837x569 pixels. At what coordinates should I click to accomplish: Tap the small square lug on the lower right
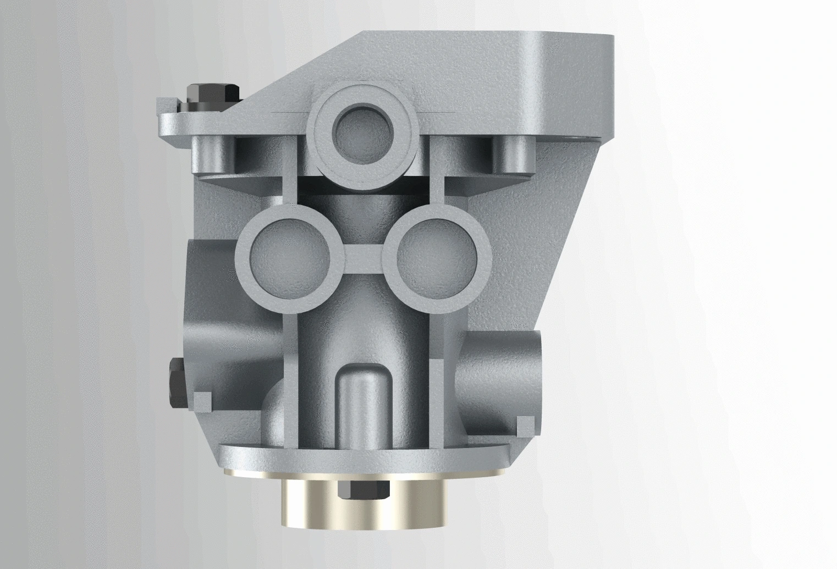tap(525, 423)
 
